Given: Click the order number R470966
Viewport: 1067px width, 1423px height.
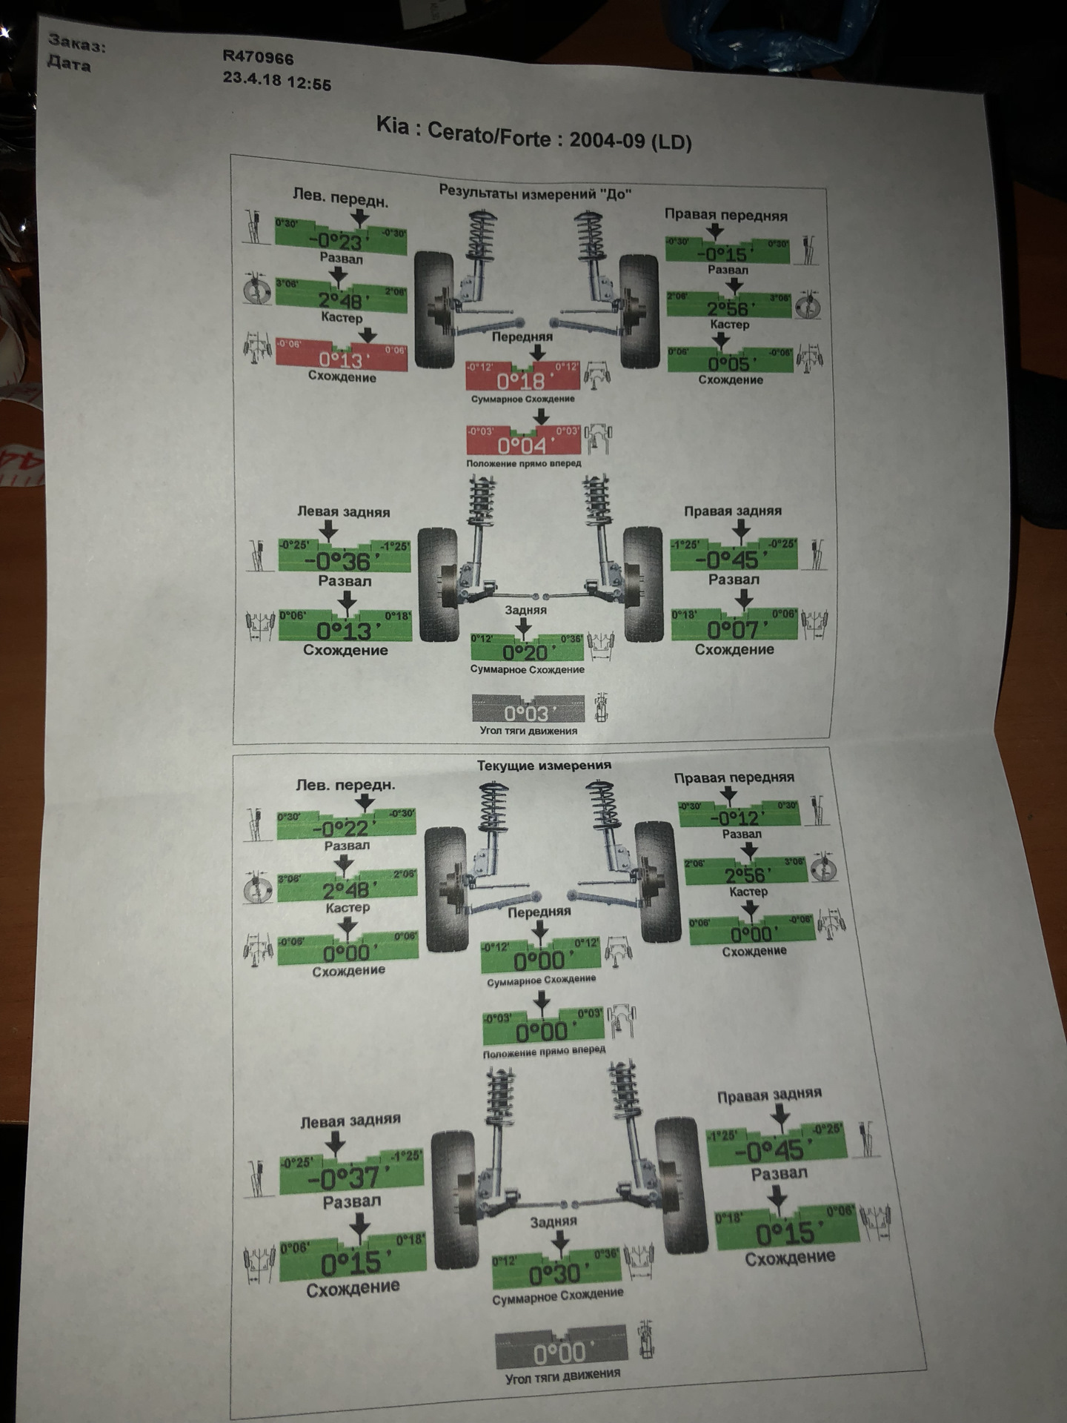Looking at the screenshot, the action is [x=258, y=57].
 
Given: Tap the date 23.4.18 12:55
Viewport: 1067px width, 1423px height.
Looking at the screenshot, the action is [x=277, y=80].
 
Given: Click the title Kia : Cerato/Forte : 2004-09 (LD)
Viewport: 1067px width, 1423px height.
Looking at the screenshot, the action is [x=533, y=133].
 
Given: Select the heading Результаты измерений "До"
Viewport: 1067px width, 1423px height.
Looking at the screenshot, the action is [x=533, y=193].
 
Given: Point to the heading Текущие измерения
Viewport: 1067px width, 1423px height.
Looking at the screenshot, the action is [x=544, y=765].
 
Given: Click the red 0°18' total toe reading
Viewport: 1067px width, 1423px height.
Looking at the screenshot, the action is [x=521, y=382].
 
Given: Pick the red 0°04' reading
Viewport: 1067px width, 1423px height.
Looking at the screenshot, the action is [x=522, y=445].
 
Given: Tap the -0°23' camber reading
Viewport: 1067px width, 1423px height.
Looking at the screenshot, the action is [x=340, y=242].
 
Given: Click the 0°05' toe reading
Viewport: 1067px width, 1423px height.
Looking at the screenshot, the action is [x=730, y=363].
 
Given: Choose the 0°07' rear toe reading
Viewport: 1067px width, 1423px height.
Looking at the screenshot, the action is [x=734, y=630].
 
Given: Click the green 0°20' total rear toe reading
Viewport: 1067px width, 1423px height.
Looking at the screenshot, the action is [x=526, y=652].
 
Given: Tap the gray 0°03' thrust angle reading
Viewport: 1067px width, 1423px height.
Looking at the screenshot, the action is [x=527, y=713].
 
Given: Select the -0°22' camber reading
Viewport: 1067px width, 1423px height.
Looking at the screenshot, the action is [x=345, y=828].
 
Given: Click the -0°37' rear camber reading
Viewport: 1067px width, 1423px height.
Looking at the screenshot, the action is [x=350, y=1178].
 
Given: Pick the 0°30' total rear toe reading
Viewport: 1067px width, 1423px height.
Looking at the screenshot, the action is [x=556, y=1275].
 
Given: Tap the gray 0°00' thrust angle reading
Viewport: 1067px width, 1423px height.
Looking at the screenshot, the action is [x=560, y=1354].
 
